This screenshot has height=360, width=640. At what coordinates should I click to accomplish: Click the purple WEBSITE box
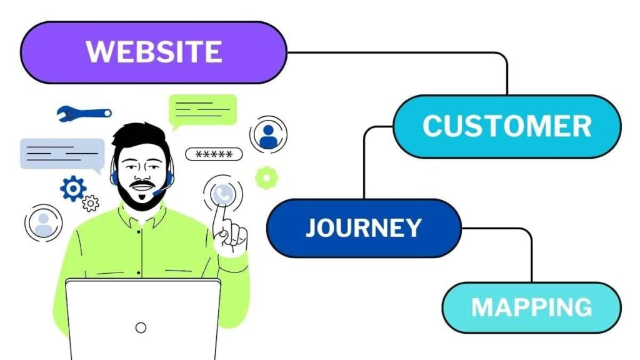(153, 51)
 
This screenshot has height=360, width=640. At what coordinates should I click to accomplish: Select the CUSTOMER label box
(506, 126)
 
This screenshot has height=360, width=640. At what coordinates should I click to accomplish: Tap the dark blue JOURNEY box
(363, 228)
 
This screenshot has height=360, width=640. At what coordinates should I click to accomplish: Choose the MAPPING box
(531, 307)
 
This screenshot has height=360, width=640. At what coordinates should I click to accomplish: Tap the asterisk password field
(214, 154)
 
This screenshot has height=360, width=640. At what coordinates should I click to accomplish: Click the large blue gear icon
(73, 188)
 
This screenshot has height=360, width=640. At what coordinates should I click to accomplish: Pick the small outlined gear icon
(91, 203)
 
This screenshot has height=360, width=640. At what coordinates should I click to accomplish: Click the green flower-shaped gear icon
(267, 178)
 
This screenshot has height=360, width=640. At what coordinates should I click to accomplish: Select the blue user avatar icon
(269, 135)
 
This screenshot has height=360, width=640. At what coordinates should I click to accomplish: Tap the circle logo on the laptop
(141, 327)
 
